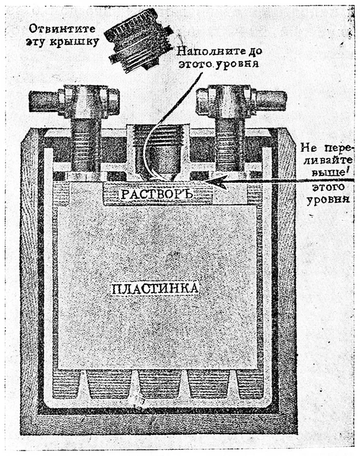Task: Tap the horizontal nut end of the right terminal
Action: [270, 99]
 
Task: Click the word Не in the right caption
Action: [308, 149]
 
